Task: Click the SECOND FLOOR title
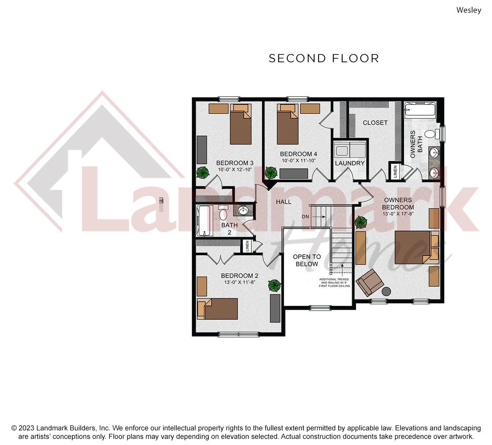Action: pos(324,58)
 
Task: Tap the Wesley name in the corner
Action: pos(469,10)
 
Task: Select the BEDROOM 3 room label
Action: pos(235,163)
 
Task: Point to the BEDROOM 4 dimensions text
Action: pos(299,161)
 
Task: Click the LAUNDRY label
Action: pos(350,163)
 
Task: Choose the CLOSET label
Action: pos(375,123)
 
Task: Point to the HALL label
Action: pos(284,202)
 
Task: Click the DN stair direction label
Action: pos(305,217)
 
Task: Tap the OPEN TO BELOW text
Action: pos(307,260)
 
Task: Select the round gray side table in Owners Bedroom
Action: pos(387,291)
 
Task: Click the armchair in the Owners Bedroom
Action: pos(370,282)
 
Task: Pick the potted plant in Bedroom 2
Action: pos(274,286)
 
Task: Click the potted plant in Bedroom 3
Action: pos(203,172)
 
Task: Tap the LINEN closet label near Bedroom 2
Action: pos(247,246)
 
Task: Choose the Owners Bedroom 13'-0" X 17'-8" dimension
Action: pos(398,214)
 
